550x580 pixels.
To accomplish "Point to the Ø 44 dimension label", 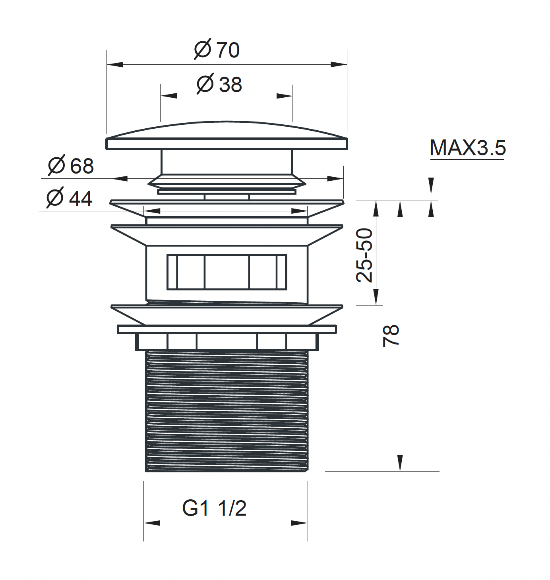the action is [70, 197].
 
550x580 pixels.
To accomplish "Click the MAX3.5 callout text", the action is [467, 147].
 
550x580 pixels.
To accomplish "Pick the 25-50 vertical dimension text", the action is [364, 255].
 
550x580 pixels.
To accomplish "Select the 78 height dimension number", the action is [391, 336].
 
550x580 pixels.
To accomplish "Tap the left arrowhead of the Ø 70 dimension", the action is [115, 64].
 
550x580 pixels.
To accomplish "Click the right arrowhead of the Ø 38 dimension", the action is [284, 96].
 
